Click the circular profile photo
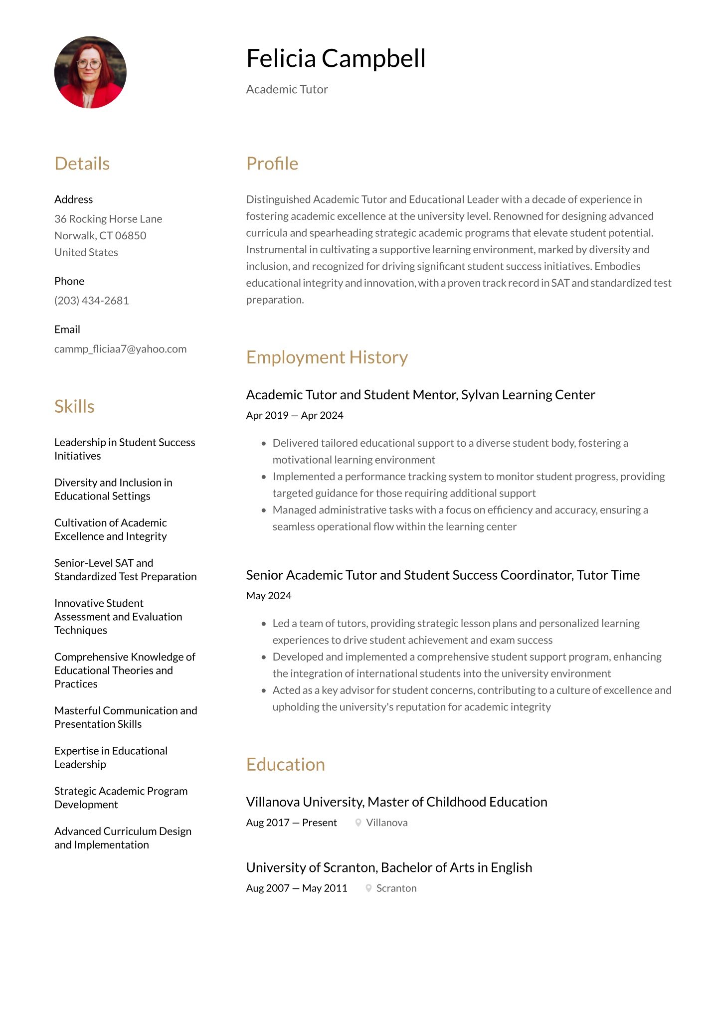coord(90,72)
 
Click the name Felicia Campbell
coord(336,58)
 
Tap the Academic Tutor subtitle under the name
coord(287,89)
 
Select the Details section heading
coord(82,164)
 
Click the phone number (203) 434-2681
coord(91,301)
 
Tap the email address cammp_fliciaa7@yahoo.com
coord(120,349)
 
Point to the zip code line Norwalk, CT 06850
coord(100,235)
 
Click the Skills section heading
coord(74,406)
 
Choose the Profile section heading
coord(272,164)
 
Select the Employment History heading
coord(327,357)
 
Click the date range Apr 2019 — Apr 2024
coord(294,415)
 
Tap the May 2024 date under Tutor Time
coord(268,596)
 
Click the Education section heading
coord(285,764)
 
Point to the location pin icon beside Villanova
coord(358,823)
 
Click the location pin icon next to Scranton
coord(368,888)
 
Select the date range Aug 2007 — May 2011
coord(296,888)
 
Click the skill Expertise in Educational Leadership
coord(111,757)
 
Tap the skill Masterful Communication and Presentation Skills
coord(126,717)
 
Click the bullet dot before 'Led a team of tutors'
coord(264,624)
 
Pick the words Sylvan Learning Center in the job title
coord(528,395)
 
